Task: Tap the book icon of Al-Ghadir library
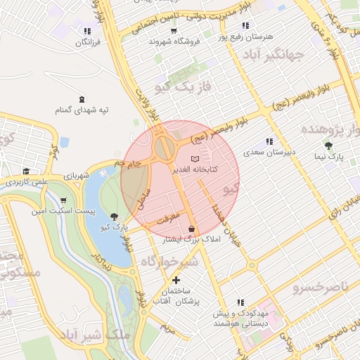tap(195, 158)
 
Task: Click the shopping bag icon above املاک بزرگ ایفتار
tap(192, 229)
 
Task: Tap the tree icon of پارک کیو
tap(115, 217)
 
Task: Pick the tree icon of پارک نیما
tap(329, 146)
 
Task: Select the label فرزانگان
tap(87, 42)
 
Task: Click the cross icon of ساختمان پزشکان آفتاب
tap(176, 281)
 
